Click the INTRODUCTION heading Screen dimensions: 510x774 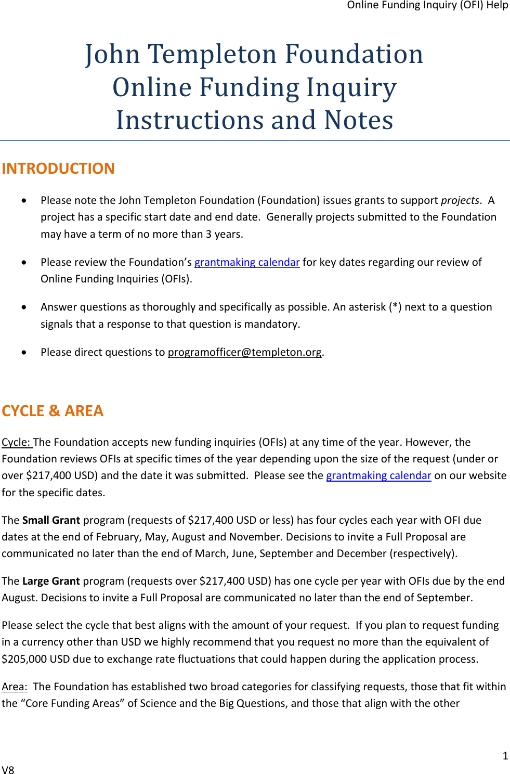point(58,169)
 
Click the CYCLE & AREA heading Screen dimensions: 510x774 point(53,411)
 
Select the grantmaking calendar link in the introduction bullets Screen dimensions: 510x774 point(247,262)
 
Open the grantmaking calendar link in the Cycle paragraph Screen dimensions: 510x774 point(378,475)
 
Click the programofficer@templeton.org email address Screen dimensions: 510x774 point(245,352)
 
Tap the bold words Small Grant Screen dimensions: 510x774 point(51,520)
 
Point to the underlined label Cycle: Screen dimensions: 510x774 point(17,442)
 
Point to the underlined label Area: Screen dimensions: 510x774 point(14,687)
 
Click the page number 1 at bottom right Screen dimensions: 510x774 point(505,756)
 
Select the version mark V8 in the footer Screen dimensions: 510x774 point(8,770)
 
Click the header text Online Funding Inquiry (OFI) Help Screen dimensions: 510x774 point(427,5)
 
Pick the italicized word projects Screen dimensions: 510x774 point(460,200)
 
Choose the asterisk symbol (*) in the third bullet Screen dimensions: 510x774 point(396,307)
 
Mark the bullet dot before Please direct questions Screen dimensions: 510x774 point(24,352)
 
